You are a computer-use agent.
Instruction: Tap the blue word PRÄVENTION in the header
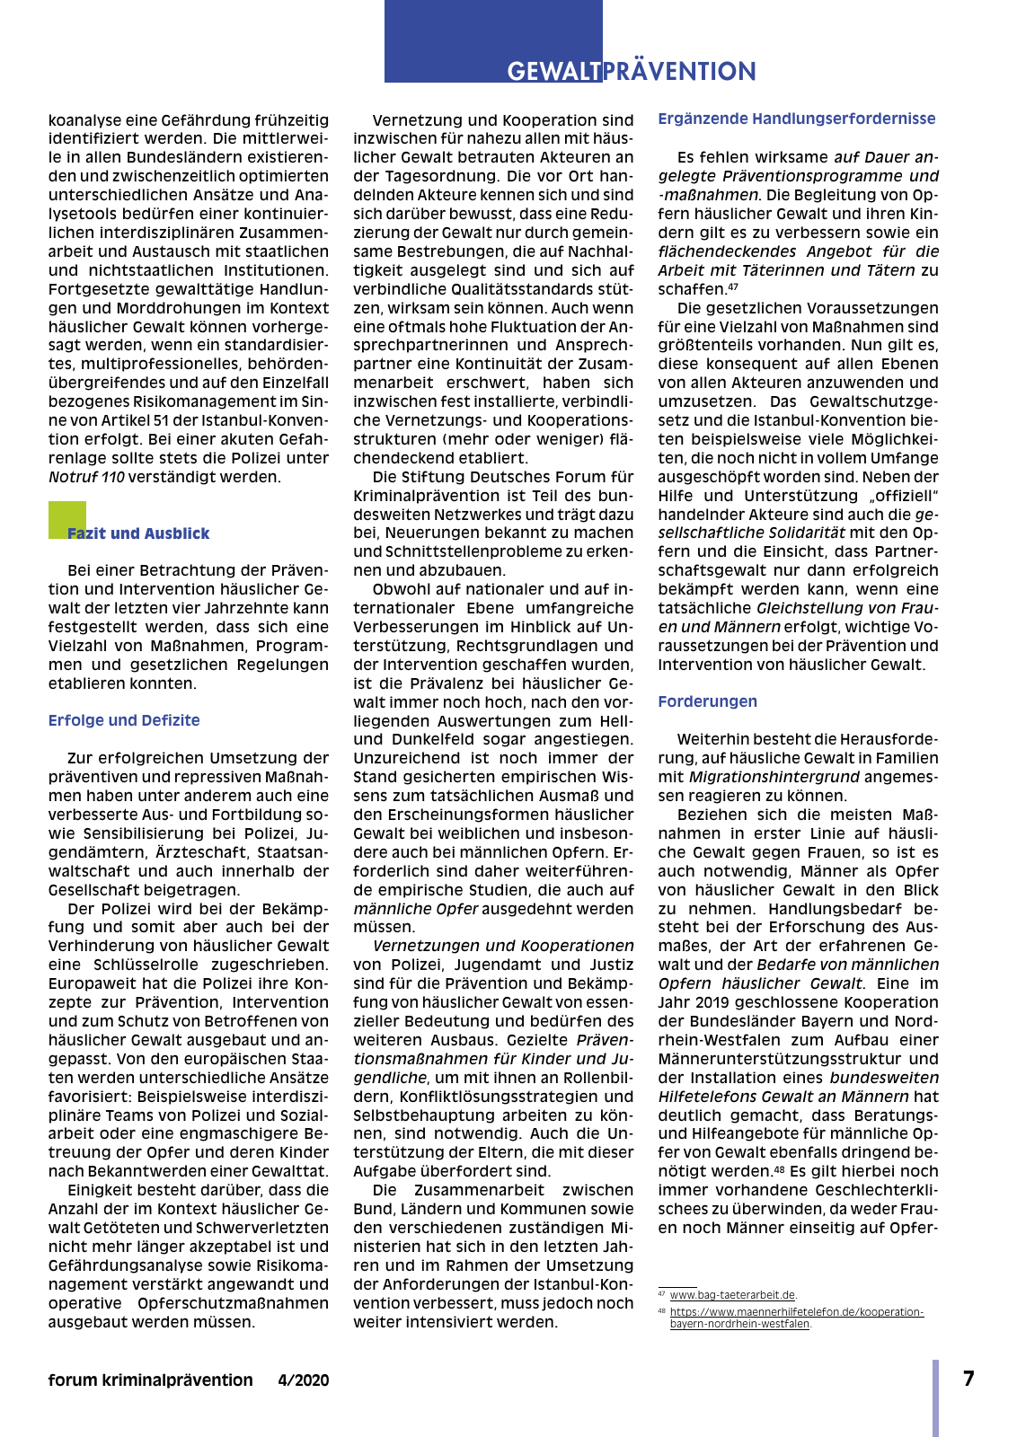pyautogui.click(x=679, y=72)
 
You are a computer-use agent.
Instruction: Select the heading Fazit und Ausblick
pyautogui.click(x=138, y=533)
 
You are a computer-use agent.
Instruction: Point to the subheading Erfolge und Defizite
pyautogui.click(x=124, y=720)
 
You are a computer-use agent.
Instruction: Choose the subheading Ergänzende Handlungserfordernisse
pyautogui.click(x=797, y=119)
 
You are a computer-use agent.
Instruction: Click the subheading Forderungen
pyautogui.click(x=707, y=701)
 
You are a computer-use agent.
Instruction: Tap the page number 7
pyautogui.click(x=968, y=1379)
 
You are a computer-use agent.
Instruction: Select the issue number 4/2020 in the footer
pyautogui.click(x=304, y=1380)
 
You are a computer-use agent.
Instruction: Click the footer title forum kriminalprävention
pyautogui.click(x=151, y=1380)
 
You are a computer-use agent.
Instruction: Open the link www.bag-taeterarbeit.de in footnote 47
pyautogui.click(x=732, y=1295)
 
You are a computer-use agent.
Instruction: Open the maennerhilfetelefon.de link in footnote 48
pyautogui.click(x=796, y=1318)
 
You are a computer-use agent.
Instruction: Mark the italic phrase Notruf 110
pyautogui.click(x=86, y=477)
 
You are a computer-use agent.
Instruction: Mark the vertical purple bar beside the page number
pyautogui.click(x=935, y=1397)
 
